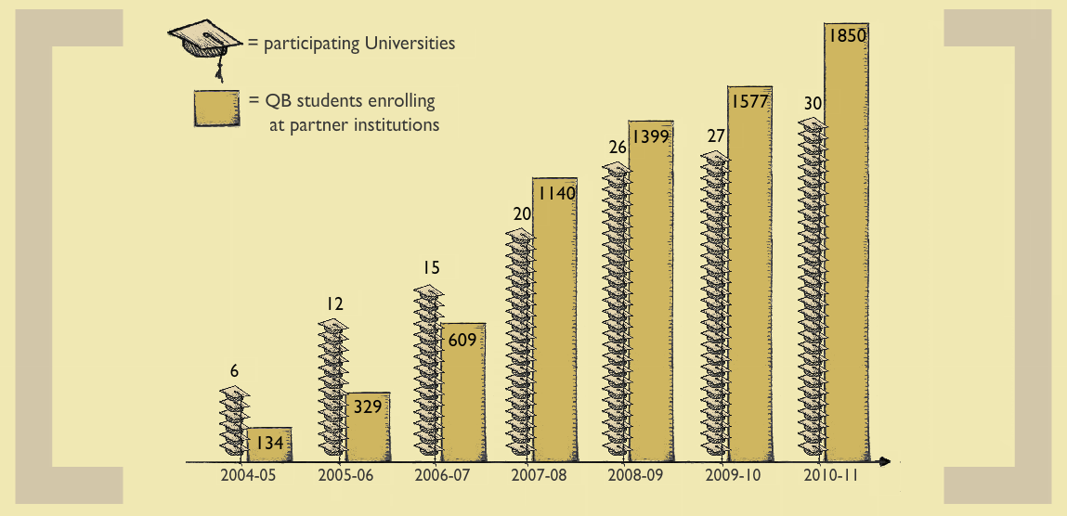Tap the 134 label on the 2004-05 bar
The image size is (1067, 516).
(269, 444)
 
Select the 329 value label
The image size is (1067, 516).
(368, 406)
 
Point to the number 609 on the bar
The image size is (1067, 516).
(462, 340)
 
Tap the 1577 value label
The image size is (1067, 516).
(749, 102)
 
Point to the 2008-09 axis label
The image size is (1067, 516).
(636, 476)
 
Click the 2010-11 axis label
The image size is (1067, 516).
(829, 476)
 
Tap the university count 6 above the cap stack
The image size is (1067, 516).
(235, 371)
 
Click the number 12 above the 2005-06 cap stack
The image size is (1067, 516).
(335, 303)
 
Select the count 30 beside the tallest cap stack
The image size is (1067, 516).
(813, 103)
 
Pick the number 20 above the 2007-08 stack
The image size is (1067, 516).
(522, 213)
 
